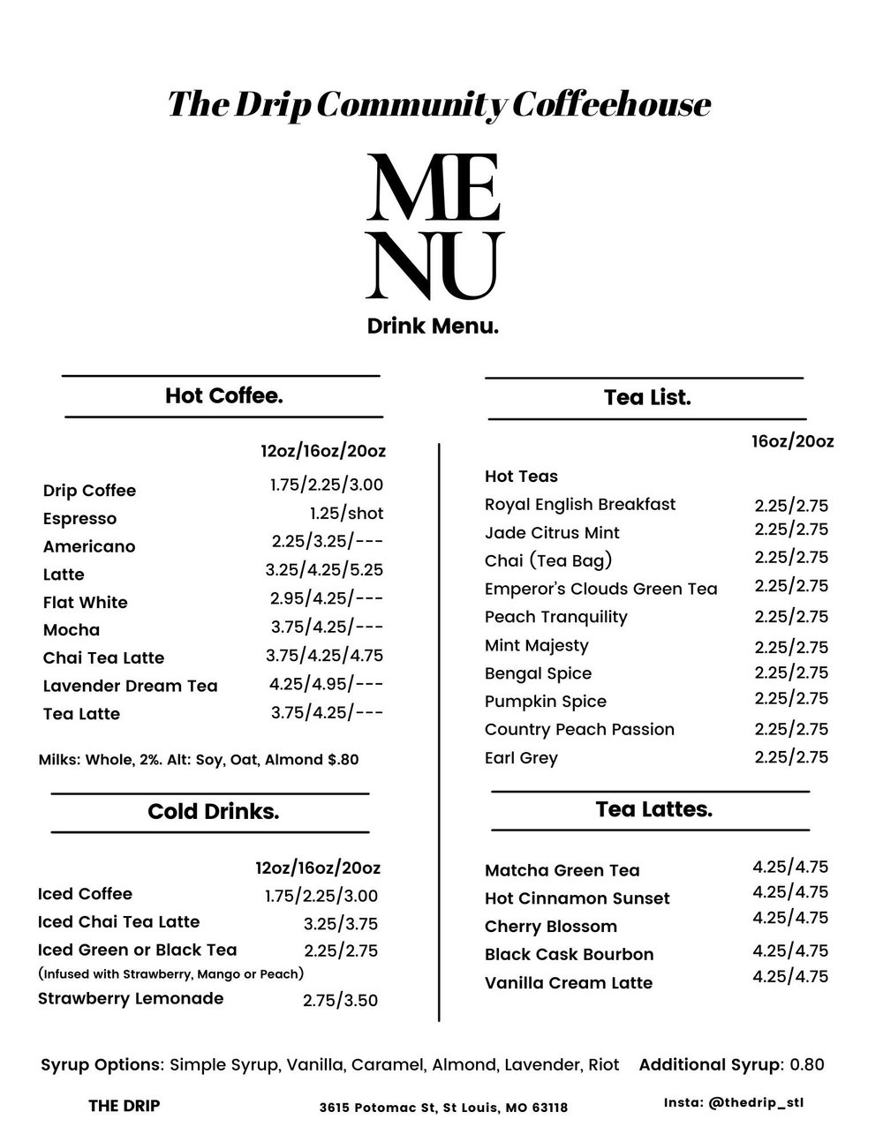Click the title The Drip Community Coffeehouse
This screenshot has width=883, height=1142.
click(x=439, y=104)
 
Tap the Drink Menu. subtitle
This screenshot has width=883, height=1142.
click(x=433, y=327)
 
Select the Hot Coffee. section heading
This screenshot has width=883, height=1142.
click(x=223, y=395)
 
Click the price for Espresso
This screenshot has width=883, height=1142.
click(x=346, y=513)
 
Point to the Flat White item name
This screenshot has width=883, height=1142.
click(x=86, y=603)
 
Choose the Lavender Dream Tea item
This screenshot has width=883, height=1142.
click(x=130, y=686)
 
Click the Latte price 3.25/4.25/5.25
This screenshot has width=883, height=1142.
click(x=324, y=570)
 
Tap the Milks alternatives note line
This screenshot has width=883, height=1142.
click(x=199, y=759)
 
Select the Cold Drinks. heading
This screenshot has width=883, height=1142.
click(x=213, y=812)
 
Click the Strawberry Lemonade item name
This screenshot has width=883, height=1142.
click(x=131, y=998)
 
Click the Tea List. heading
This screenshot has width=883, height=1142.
click(x=647, y=398)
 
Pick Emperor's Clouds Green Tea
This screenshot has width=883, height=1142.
click(x=600, y=589)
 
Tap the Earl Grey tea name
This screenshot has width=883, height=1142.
click(x=521, y=758)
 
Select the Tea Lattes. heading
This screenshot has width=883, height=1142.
click(x=653, y=809)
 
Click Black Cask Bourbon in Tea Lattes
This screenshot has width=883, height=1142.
click(x=569, y=955)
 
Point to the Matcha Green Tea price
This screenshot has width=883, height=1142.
click(x=790, y=867)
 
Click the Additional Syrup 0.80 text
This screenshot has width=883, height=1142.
click(x=731, y=1064)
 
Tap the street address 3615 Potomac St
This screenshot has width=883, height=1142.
click(x=443, y=1108)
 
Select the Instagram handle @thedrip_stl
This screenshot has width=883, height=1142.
click(x=734, y=1103)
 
